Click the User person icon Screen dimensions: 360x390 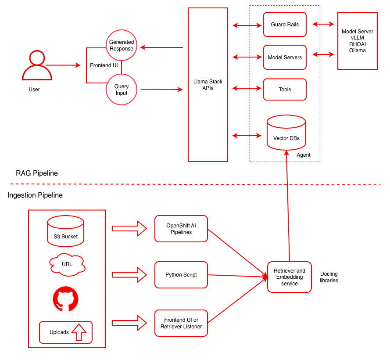click(37, 66)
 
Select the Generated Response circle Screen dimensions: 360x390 click(122, 46)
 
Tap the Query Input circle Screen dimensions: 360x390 click(122, 90)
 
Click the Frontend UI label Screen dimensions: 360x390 click(104, 65)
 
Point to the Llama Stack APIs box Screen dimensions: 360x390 click(208, 85)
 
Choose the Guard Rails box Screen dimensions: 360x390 click(285, 25)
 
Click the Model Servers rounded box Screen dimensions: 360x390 click(285, 58)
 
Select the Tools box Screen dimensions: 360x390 click(285, 90)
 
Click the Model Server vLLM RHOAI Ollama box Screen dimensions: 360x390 click(358, 41)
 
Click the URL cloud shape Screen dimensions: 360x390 click(67, 264)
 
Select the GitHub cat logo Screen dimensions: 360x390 click(66, 299)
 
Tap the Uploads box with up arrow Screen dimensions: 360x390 click(66, 332)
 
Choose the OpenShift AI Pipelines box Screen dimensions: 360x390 click(181, 229)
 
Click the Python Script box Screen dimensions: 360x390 click(181, 275)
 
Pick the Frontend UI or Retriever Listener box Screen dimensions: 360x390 click(181, 323)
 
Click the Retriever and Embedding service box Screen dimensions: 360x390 click(290, 277)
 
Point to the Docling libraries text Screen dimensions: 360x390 click(329, 277)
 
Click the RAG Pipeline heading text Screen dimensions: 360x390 click(37, 173)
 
